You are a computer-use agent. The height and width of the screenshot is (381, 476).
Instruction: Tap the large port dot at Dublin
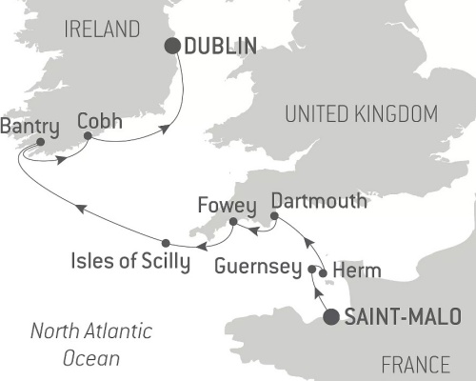[x=173, y=46]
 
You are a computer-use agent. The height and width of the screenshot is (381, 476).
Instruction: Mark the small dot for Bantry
[x=39, y=144]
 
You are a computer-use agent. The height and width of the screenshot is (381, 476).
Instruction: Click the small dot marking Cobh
[x=87, y=136]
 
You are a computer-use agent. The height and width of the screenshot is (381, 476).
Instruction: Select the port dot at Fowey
[x=230, y=223]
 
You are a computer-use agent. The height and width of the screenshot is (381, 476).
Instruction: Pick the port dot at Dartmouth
[x=274, y=217]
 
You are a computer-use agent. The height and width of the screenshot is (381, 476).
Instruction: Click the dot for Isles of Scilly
[x=166, y=242]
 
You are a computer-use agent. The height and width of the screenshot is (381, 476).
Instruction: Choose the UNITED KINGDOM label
[x=362, y=115]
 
